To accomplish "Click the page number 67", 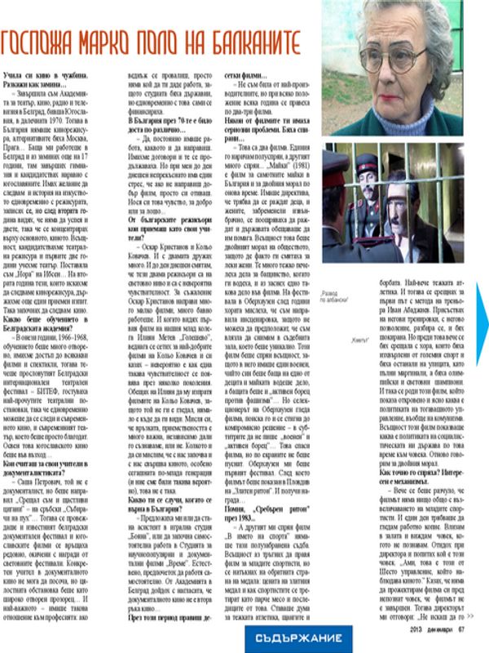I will coord(461,629).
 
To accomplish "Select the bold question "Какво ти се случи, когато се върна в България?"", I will coord(159,482).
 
